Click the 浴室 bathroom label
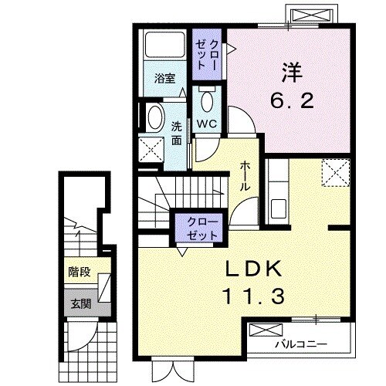coord(164,79)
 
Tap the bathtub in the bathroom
coord(165,44)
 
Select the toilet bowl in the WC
coord(208,100)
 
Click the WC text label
coord(207,124)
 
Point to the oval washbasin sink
coord(155,118)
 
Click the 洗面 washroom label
coord(177,134)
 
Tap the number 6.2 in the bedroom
coord(292,100)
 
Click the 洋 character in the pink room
coord(293,73)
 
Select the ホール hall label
coord(245,177)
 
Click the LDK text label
coord(253,269)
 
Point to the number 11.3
coord(254,296)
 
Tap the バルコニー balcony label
coord(302,344)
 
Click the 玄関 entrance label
coord(81,304)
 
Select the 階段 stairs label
coord(80,272)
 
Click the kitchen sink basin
coord(279,208)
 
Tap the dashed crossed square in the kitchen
coord(336,172)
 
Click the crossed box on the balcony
coord(266,330)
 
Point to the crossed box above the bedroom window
coord(312,14)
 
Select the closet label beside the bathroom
coord(207,54)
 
